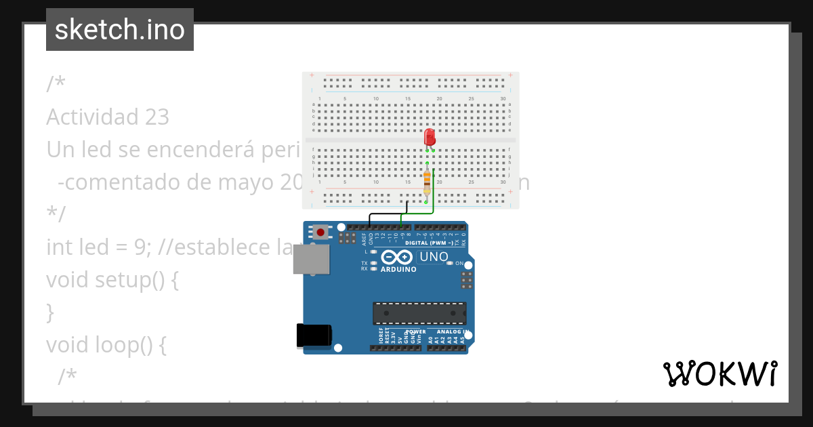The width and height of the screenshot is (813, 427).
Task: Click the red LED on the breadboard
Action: click(430, 137)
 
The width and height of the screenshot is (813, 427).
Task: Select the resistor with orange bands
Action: click(427, 182)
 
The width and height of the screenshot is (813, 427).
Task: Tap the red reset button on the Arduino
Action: click(320, 232)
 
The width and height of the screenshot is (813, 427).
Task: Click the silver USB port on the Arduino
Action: click(311, 259)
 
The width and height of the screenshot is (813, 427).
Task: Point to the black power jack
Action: click(314, 336)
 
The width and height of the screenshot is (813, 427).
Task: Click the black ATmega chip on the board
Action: click(419, 313)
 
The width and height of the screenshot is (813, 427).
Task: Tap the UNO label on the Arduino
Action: click(434, 257)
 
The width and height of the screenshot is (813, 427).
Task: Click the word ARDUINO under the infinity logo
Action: click(398, 269)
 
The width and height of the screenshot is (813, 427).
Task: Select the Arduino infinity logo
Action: click(397, 258)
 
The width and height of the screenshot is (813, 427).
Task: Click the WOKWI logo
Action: click(720, 373)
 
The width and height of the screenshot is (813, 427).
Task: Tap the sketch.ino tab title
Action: click(120, 30)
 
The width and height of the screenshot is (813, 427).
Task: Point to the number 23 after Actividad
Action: click(157, 117)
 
